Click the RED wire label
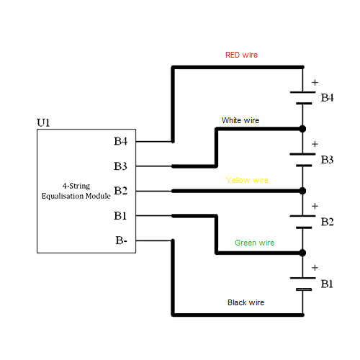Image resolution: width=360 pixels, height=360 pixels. tap(241, 55)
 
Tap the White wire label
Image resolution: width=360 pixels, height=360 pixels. tap(240, 120)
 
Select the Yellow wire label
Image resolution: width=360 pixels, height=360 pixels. tap(247, 180)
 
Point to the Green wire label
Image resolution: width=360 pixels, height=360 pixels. tap(254, 243)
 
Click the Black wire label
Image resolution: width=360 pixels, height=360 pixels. tap(246, 302)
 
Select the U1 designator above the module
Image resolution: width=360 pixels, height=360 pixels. tap(43, 122)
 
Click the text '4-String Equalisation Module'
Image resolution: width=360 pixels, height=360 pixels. tap(76, 191)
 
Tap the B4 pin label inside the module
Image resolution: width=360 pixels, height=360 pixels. tap(120, 141)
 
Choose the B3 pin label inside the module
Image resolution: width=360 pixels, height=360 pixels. tap(120, 166)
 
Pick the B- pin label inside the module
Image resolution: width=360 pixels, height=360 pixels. tap(121, 240)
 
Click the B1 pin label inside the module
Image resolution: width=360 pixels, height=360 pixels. tap(120, 215)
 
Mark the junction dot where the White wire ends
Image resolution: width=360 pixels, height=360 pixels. tap(302, 129)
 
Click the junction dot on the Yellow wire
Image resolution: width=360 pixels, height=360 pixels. tap(302, 191)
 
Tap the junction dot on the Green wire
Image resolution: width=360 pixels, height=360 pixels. tap(302, 253)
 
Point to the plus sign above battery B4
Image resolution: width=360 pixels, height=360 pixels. tap(315, 82)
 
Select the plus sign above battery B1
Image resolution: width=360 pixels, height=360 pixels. tap(315, 268)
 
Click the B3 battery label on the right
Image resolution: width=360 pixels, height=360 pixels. tap(327, 160)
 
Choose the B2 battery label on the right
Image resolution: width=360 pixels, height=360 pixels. tap(327, 222)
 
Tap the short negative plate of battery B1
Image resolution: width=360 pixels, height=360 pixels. tap(304, 289)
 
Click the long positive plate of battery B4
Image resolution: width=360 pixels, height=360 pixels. tap(302, 92)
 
